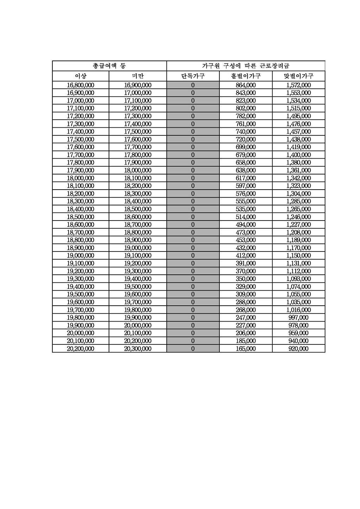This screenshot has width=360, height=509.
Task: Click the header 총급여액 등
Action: point(109,66)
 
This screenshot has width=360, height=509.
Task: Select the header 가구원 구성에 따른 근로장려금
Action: point(245,66)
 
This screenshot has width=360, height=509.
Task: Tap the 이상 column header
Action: point(81,76)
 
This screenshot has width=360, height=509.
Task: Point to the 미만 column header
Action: point(137,76)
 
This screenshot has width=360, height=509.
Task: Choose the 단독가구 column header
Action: point(193,76)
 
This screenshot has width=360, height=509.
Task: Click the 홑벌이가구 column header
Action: point(245,76)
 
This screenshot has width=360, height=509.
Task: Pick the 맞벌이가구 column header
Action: point(298,76)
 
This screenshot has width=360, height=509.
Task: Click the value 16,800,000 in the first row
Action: point(81,85)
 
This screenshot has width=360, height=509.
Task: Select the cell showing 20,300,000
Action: point(137,349)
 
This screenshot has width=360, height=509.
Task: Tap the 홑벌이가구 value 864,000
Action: point(245,85)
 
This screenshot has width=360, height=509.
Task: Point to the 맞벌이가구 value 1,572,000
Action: point(298,85)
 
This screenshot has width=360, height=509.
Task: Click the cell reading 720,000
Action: point(245,139)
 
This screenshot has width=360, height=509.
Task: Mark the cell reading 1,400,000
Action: point(298,155)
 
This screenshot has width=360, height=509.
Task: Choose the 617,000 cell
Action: point(245,178)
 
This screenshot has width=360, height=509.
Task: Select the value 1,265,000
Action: point(298,209)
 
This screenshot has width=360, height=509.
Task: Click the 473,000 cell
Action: point(245,232)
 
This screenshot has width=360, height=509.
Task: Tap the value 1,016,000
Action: point(298,310)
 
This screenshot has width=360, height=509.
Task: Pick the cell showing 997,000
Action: point(298,318)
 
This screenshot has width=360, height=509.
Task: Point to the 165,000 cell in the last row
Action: point(245,349)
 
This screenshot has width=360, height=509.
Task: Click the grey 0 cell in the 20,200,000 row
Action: point(193,349)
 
